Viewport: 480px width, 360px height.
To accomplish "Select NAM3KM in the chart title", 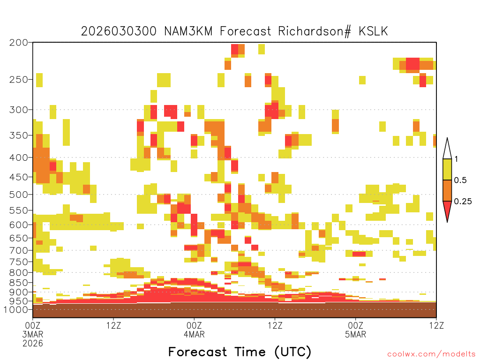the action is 188,31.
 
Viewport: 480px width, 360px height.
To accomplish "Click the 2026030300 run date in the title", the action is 119,31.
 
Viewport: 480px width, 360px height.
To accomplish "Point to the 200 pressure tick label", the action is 19,43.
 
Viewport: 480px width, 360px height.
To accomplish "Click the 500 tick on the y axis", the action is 19,195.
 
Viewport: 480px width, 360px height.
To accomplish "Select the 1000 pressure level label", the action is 16,309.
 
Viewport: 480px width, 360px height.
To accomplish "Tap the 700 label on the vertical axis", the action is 19,250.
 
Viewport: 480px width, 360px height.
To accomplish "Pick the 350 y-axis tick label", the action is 19,135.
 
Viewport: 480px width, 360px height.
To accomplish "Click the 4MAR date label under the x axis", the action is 194,334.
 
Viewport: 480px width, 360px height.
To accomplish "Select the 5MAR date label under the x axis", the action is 355,334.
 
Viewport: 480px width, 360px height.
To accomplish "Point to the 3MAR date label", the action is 33,334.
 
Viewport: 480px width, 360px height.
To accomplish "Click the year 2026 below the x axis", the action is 33,344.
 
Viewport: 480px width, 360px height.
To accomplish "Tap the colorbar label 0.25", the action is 463,202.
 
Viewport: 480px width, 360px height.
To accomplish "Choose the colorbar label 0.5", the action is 460,180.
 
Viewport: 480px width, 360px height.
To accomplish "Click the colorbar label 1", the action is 457,159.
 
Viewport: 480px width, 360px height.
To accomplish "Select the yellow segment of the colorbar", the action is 447,169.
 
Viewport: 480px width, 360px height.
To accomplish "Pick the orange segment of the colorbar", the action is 447,190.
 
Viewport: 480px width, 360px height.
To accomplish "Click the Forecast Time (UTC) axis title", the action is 240,352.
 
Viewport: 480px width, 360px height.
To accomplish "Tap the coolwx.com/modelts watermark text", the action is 432,354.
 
